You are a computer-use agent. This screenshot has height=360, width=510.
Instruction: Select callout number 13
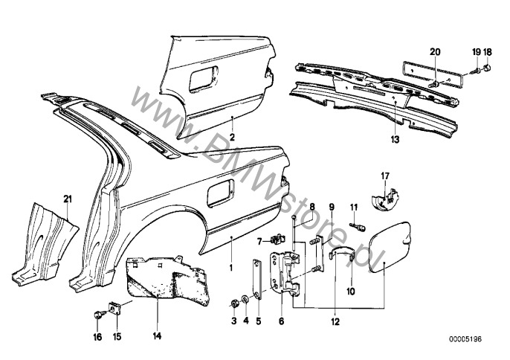pos(395,139)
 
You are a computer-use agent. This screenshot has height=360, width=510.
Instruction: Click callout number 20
pos(436,51)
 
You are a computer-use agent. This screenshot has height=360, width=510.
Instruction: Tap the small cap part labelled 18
pos(485,71)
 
